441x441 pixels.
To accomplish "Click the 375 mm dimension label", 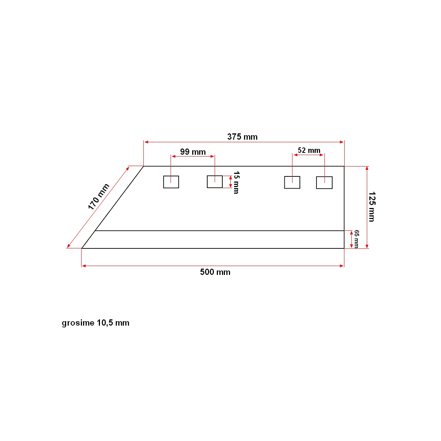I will (x=242, y=137).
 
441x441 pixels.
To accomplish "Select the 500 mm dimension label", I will (x=215, y=272).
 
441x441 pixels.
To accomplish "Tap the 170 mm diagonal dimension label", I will (x=98, y=197).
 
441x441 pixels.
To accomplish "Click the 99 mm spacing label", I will (x=193, y=152).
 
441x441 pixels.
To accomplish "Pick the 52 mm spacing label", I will (x=309, y=150).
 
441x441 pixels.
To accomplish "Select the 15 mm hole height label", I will (x=236, y=182).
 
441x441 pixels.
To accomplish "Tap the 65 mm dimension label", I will (x=356, y=239).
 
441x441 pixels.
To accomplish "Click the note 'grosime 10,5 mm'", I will (x=96, y=323).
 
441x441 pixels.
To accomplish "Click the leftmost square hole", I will (x=171, y=182).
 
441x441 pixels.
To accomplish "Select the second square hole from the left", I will (x=215, y=182).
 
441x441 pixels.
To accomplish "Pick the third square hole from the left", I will (x=292, y=182).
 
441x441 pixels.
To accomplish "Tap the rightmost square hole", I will (x=324, y=183).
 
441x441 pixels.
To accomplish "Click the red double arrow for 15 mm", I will (x=230, y=182).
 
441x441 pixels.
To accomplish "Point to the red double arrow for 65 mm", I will (x=351, y=239).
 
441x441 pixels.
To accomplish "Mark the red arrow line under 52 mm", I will (x=308, y=155).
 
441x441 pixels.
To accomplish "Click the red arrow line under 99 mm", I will (x=193, y=157).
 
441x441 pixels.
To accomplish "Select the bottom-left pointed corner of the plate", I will (x=82, y=248).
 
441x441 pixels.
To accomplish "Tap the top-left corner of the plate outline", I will (x=143, y=166).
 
